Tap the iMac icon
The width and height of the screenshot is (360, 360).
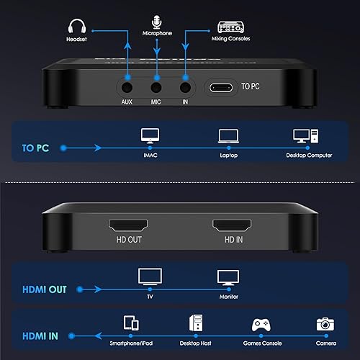[x=150, y=135]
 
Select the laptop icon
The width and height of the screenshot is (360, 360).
[x=228, y=135]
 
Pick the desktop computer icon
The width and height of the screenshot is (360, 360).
[x=302, y=135]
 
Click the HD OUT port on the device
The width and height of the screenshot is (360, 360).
[x=127, y=225]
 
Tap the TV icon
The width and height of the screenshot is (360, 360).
[x=150, y=276]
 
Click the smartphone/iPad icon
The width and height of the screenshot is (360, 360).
[x=131, y=323]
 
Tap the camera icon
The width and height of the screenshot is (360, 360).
[x=325, y=324]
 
